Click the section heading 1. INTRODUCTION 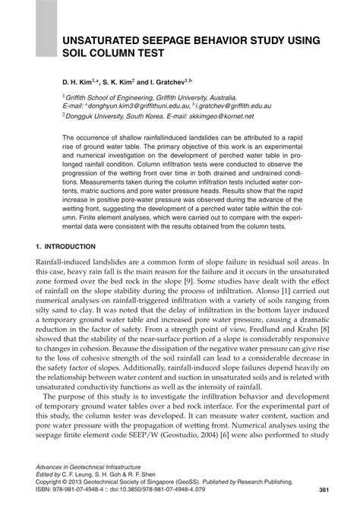click(65, 247)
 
